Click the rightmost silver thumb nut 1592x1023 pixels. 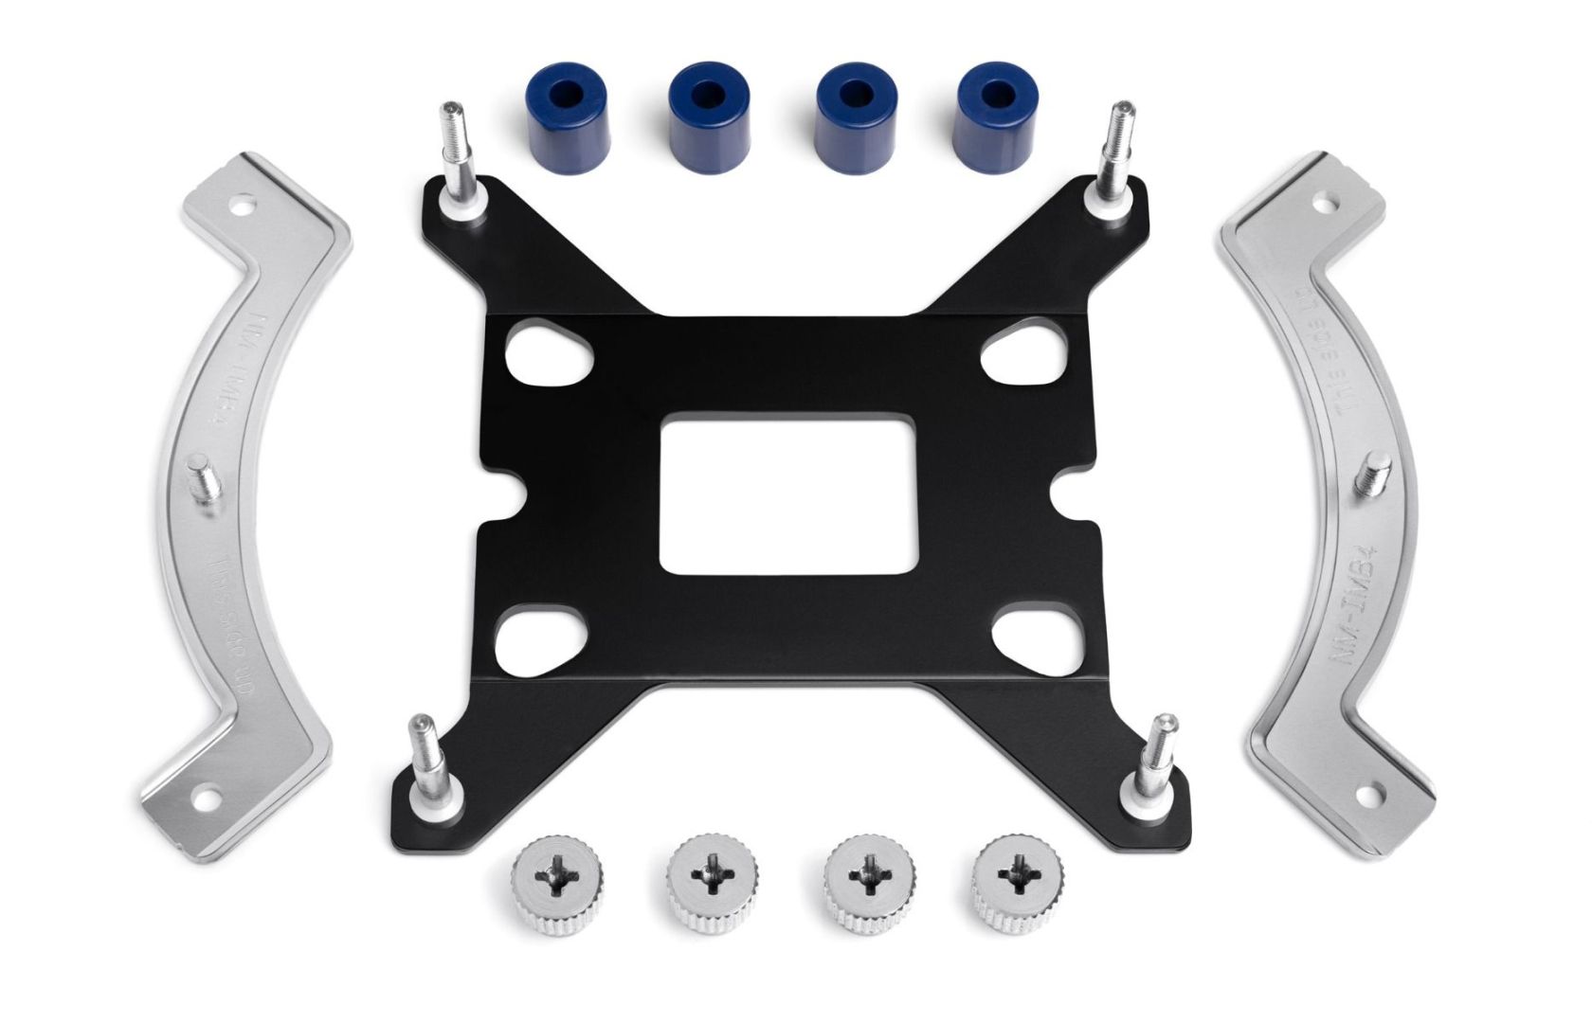(x=1011, y=869)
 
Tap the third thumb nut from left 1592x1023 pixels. (x=863, y=871)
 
